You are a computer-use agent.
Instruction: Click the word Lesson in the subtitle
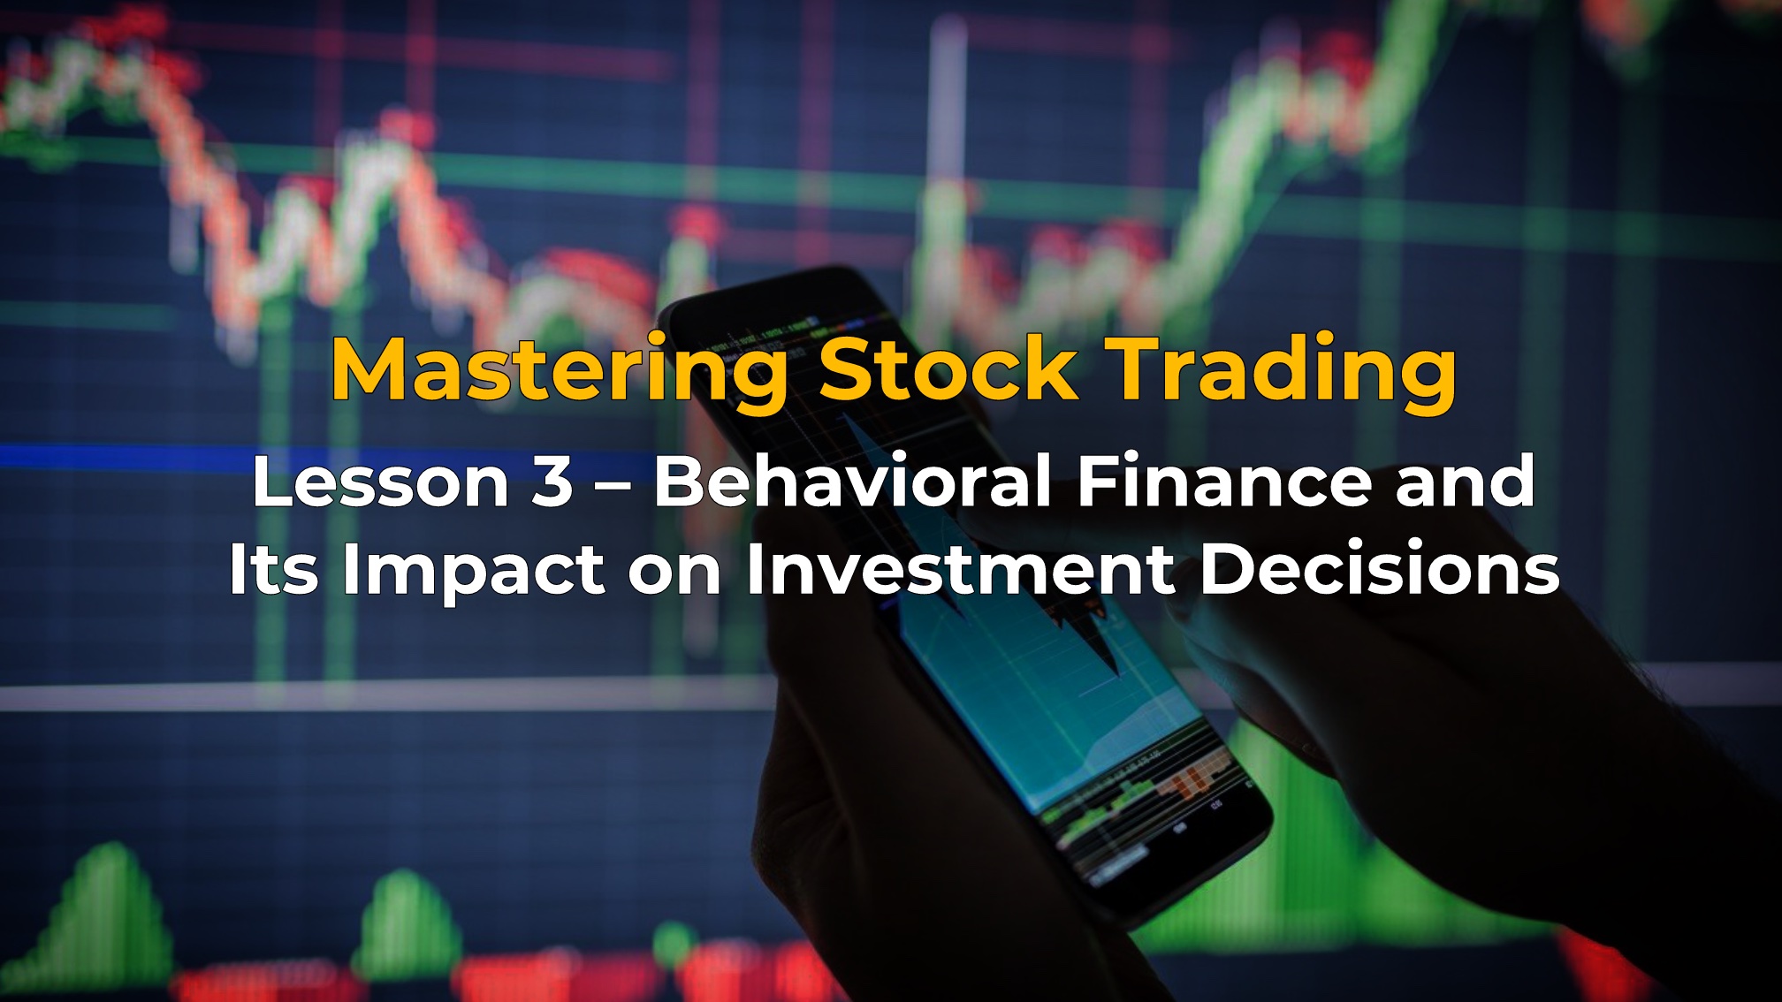click(x=380, y=482)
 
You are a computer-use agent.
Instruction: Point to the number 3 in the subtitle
click(x=552, y=482)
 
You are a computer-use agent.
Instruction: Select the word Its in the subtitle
click(x=273, y=569)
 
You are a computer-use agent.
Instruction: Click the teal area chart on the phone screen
click(x=1043, y=698)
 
